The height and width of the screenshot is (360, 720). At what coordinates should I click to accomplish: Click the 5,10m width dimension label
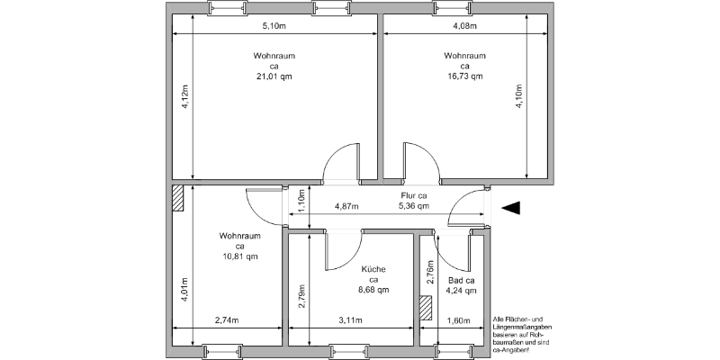click(274, 26)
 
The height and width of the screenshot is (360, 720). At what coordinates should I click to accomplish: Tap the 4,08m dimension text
click(464, 26)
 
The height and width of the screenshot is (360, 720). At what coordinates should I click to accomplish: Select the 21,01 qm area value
click(274, 76)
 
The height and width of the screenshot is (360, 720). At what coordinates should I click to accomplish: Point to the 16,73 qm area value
click(464, 76)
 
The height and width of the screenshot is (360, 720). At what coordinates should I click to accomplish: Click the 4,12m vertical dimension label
click(184, 96)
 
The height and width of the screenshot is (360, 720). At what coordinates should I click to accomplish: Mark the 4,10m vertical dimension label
click(519, 96)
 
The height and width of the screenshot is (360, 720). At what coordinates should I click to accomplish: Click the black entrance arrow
click(510, 208)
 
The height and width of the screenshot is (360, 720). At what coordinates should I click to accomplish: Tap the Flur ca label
click(414, 196)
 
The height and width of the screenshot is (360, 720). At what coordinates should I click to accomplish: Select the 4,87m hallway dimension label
click(346, 207)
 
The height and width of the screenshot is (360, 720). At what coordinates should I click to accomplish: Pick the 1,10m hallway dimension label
click(301, 201)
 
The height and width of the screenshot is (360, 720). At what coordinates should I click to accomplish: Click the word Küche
click(373, 269)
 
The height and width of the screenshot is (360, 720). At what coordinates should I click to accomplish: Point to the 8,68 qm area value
click(373, 290)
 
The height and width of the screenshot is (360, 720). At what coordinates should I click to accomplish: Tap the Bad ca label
click(461, 281)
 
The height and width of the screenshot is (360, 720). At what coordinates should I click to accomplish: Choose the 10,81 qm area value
click(239, 256)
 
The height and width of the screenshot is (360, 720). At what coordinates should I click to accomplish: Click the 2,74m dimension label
click(227, 320)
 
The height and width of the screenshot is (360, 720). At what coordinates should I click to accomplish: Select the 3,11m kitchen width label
click(350, 320)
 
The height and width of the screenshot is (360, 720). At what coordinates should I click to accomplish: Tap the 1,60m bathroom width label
click(459, 320)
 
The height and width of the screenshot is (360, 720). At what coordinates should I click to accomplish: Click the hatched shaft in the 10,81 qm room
click(177, 198)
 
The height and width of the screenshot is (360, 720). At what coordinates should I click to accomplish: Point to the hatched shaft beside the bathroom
click(426, 308)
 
